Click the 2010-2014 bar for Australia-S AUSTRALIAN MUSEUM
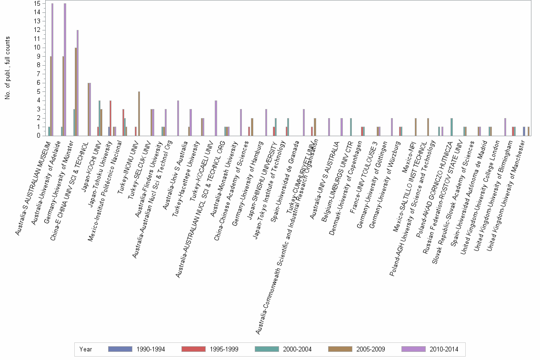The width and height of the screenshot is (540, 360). (x=52, y=70)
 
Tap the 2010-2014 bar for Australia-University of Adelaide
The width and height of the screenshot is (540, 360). (x=65, y=70)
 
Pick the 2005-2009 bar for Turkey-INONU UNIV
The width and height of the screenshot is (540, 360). (x=139, y=113)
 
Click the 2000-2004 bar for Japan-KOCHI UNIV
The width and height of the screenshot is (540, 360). (x=99, y=118)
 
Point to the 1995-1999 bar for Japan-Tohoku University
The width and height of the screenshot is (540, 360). (x=110, y=118)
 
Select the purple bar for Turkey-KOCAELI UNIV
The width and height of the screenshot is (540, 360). (x=216, y=118)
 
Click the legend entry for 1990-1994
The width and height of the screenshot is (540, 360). (x=137, y=350)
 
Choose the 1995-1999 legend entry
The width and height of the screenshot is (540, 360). (x=210, y=350)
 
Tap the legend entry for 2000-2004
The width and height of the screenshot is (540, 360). (x=283, y=350)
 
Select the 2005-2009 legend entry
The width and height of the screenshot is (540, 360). (x=357, y=350)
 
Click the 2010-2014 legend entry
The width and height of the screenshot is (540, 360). (x=430, y=350)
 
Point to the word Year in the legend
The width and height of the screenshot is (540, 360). (x=86, y=350)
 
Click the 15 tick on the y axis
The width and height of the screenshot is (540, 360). (x=37, y=3)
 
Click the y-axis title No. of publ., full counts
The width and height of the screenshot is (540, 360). (x=8, y=68)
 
